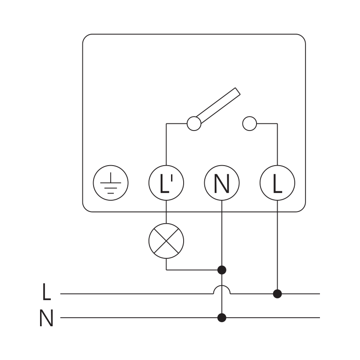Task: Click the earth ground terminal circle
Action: (111, 183)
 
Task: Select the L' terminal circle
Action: (166, 183)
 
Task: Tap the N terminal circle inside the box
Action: (222, 183)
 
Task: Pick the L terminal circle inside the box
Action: (278, 183)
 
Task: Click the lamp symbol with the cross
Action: (166, 241)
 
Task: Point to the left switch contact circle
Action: (194, 123)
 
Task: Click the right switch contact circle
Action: (249, 123)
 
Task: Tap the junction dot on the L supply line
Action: (278, 294)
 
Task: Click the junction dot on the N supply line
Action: (222, 318)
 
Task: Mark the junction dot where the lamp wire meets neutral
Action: (222, 270)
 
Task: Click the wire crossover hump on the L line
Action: (222, 289)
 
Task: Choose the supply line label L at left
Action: (46, 292)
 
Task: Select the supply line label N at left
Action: (46, 319)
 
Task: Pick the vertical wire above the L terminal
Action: (278, 144)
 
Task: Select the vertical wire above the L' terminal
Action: (166, 144)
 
